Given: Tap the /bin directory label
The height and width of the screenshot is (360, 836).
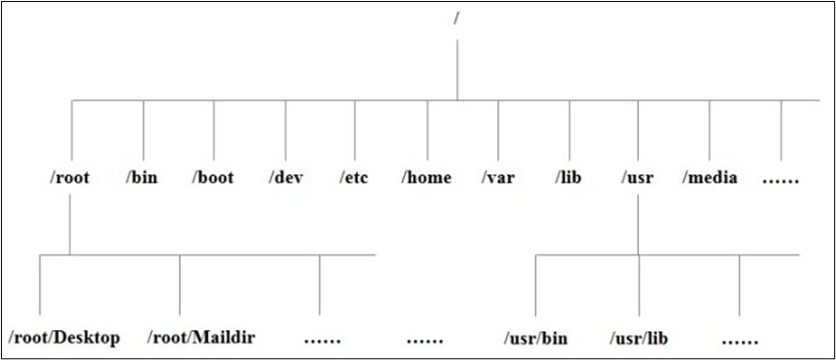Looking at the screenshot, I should click(x=142, y=178).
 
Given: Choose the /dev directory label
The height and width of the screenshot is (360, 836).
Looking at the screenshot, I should click(x=286, y=178).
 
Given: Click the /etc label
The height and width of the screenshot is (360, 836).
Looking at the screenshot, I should click(x=355, y=178).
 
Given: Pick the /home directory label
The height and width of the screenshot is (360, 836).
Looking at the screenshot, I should click(x=426, y=178).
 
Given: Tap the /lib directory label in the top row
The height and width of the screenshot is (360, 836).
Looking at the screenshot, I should click(x=570, y=178).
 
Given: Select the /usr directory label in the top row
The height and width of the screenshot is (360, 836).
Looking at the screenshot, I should click(x=639, y=178).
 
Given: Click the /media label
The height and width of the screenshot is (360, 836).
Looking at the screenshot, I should click(x=710, y=178).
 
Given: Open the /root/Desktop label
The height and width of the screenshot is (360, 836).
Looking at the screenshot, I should click(x=64, y=338).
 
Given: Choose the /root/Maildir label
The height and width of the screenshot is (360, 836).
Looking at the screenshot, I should click(x=201, y=338).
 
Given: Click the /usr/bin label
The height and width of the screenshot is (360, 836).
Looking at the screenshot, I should click(x=536, y=338).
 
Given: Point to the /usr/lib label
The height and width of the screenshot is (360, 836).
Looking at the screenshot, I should click(x=639, y=338).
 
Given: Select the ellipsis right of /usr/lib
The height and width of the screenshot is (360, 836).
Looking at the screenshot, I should click(x=740, y=341).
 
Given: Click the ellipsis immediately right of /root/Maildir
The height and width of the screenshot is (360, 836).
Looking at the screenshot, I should click(x=321, y=341).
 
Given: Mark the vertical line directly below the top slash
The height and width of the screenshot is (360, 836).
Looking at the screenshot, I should click(x=457, y=67).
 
